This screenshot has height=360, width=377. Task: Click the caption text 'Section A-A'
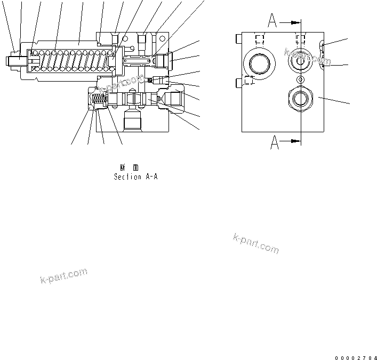tap(135, 177)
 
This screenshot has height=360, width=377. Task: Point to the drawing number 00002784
tap(356, 357)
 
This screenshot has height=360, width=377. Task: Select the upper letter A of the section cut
tap(272, 21)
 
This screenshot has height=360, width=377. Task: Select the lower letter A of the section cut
tap(275, 142)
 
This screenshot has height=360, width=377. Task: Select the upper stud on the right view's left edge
tap(238, 38)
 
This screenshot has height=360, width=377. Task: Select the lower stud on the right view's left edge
tap(238, 82)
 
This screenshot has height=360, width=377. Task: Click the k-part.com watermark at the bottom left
tap(63, 276)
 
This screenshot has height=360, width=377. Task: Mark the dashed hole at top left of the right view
tap(260, 39)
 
